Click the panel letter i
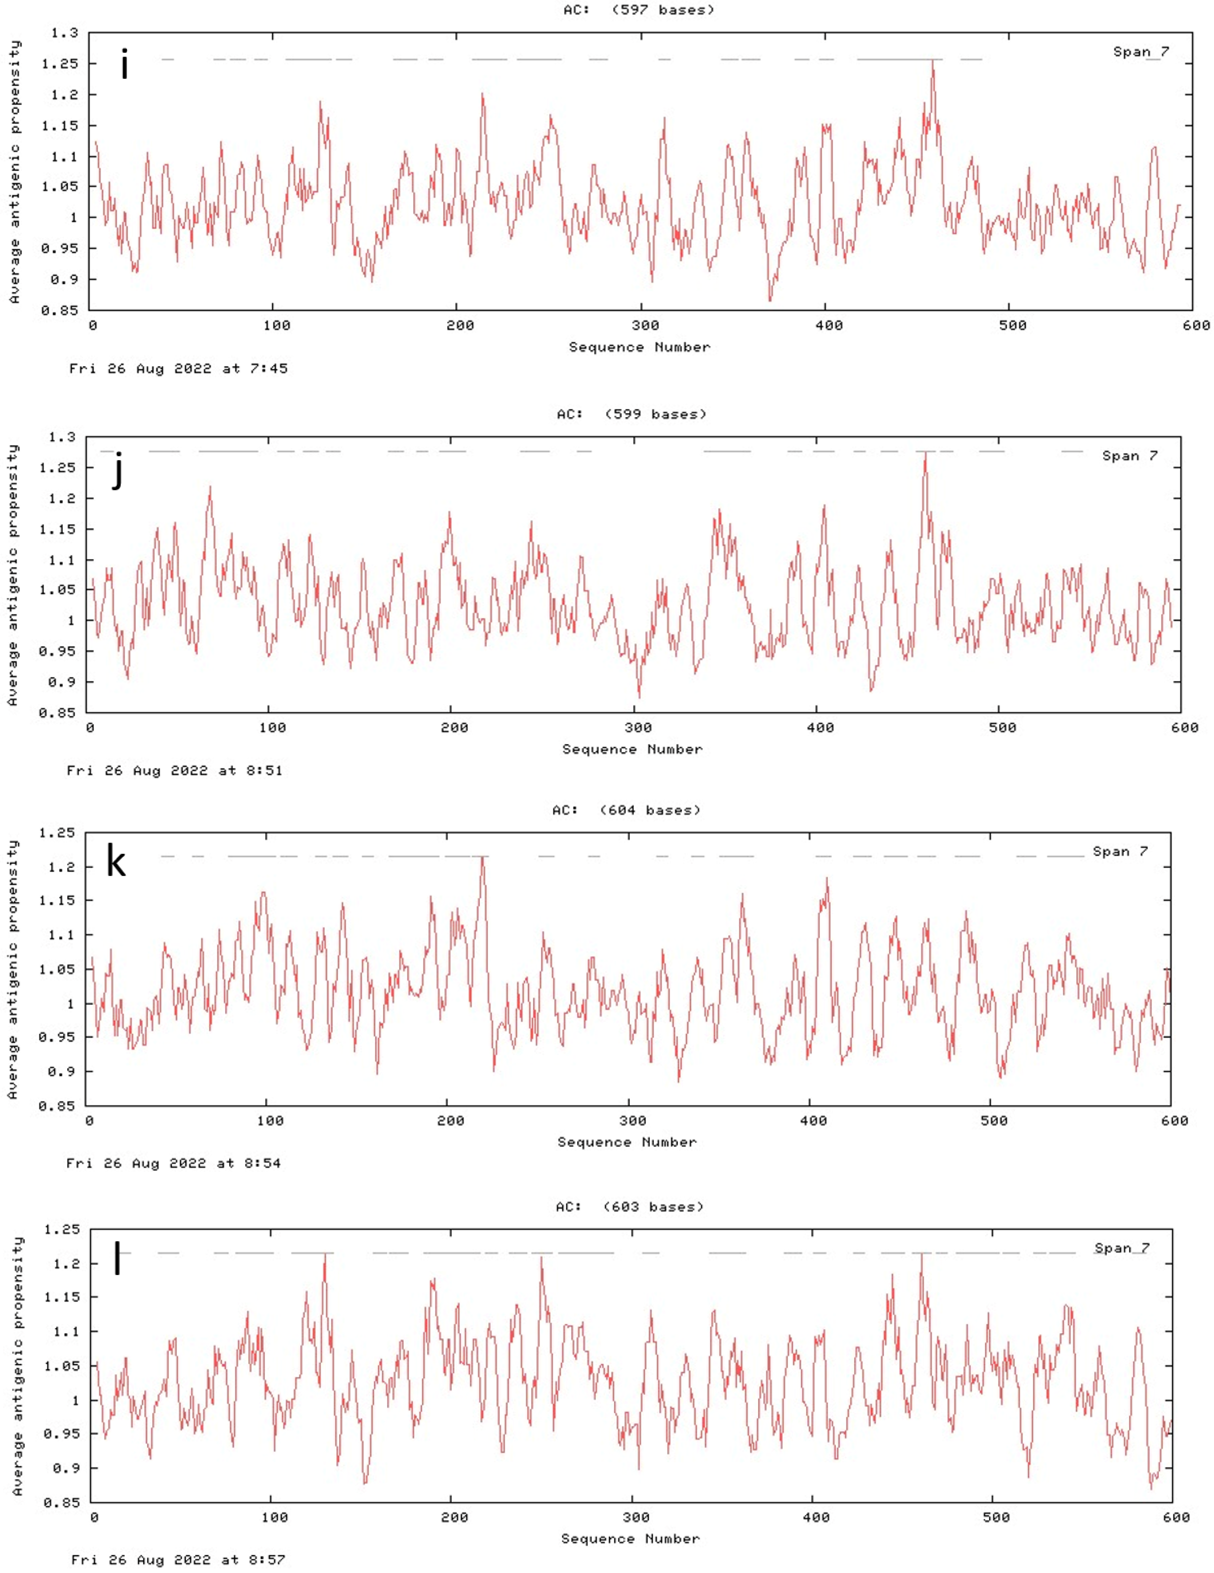pos(125,65)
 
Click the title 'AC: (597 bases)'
pos(639,10)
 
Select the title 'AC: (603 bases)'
pos(629,1207)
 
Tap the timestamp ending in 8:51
pos(174,771)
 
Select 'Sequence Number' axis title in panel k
pos(627,1142)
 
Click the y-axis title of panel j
pos(13,575)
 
